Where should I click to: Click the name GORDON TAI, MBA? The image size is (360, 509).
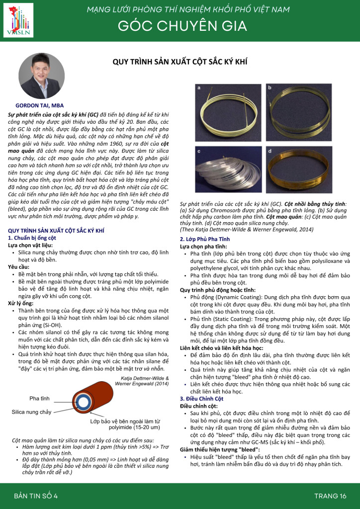point(39,106)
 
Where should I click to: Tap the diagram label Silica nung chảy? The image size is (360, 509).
point(31,412)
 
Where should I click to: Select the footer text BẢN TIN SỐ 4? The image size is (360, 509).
point(36,496)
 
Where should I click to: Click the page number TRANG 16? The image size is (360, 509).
point(330,496)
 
